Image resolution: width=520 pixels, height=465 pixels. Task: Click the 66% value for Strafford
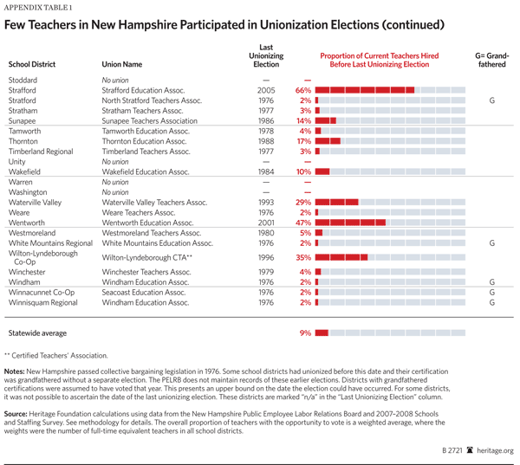point(303,90)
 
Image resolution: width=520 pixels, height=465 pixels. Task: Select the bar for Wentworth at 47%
point(347,223)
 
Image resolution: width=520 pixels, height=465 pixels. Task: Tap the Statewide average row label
point(37,333)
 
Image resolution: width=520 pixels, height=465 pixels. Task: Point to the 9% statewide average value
point(305,333)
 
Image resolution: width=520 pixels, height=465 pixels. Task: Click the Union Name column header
point(122,64)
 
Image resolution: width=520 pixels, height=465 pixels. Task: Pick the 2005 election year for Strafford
point(266,90)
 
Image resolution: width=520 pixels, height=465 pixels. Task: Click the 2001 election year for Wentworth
point(266,223)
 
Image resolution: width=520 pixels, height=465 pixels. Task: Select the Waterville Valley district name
point(36,202)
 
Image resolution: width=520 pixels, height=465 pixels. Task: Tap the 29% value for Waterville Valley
point(303,202)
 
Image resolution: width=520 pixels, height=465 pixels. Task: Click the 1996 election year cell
point(266,257)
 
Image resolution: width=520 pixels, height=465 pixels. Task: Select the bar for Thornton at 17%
point(328,141)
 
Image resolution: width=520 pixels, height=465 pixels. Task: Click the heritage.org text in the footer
point(496,450)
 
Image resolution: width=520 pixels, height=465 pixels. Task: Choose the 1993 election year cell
point(266,202)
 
